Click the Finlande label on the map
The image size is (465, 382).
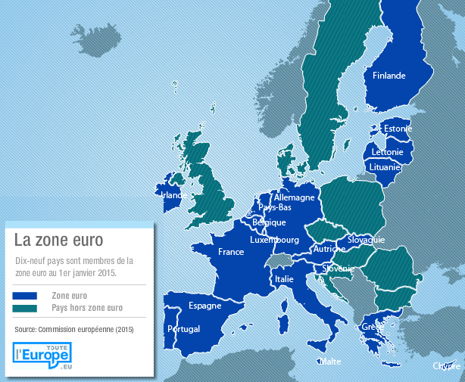point(389,76)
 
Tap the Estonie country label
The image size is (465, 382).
point(398,129)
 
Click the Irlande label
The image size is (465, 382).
point(174,194)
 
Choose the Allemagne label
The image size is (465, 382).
point(294,197)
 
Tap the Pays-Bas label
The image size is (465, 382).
point(275,207)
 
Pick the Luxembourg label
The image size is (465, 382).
point(275,240)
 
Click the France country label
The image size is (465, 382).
point(231,252)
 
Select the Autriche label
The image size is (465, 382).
point(329,248)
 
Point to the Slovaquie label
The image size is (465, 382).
point(367,240)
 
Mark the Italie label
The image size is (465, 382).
point(284,279)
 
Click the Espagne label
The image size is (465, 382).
point(205,306)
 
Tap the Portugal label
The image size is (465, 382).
point(183,329)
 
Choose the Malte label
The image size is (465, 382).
point(329,362)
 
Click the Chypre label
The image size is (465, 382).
point(447,366)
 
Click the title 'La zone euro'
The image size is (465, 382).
point(58,240)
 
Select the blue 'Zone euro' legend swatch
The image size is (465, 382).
point(25,296)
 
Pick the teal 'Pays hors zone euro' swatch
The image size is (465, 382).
point(25,309)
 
